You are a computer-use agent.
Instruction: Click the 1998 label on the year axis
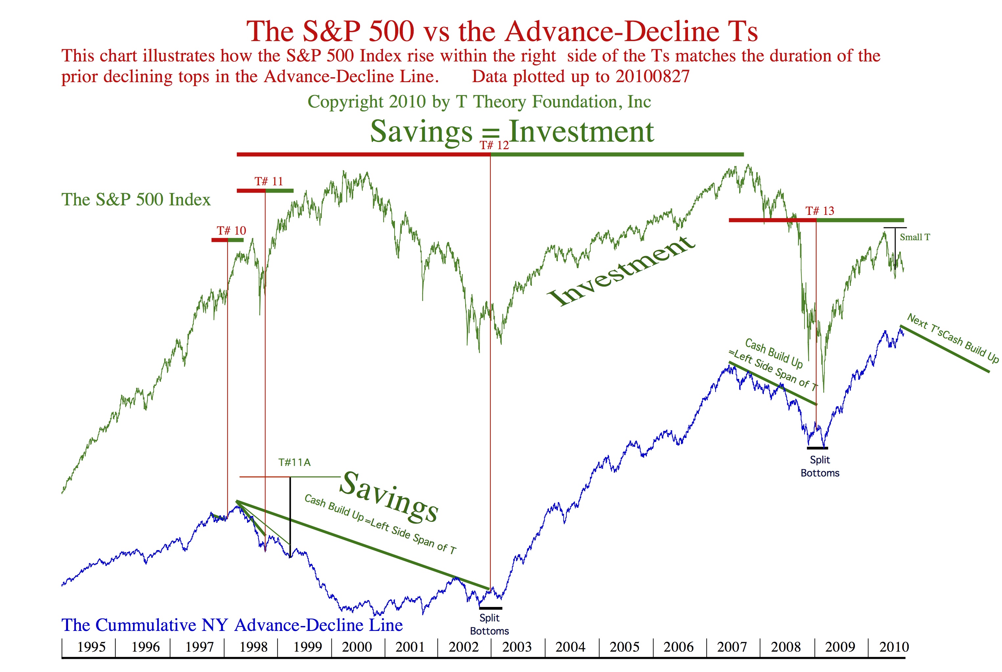pyautogui.click(x=253, y=647)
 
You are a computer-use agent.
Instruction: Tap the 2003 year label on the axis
pyautogui.click(x=517, y=647)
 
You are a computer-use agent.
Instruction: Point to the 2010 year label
pyautogui.click(x=894, y=647)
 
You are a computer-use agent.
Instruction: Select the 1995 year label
pyautogui.click(x=91, y=647)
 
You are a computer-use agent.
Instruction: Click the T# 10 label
pyautogui.click(x=231, y=231)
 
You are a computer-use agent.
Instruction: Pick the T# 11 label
pyautogui.click(x=269, y=181)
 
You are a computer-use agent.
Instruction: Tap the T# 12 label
pyautogui.click(x=494, y=145)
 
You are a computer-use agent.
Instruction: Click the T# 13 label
pyautogui.click(x=820, y=211)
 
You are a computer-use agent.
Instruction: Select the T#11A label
pyautogui.click(x=294, y=462)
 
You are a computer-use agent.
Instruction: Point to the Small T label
pyautogui.click(x=915, y=237)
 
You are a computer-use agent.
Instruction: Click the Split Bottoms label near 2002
pyautogui.click(x=489, y=624)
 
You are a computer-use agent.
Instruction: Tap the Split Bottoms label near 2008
pyautogui.click(x=820, y=466)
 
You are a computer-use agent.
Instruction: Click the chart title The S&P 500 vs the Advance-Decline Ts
pyautogui.click(x=502, y=31)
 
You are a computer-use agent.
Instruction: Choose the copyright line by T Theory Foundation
pyautogui.click(x=479, y=102)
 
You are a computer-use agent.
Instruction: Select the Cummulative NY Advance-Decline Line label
pyautogui.click(x=232, y=625)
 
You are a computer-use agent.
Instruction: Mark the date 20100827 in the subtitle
pyautogui.click(x=652, y=76)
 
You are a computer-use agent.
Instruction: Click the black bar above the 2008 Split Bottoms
pyautogui.click(x=817, y=448)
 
